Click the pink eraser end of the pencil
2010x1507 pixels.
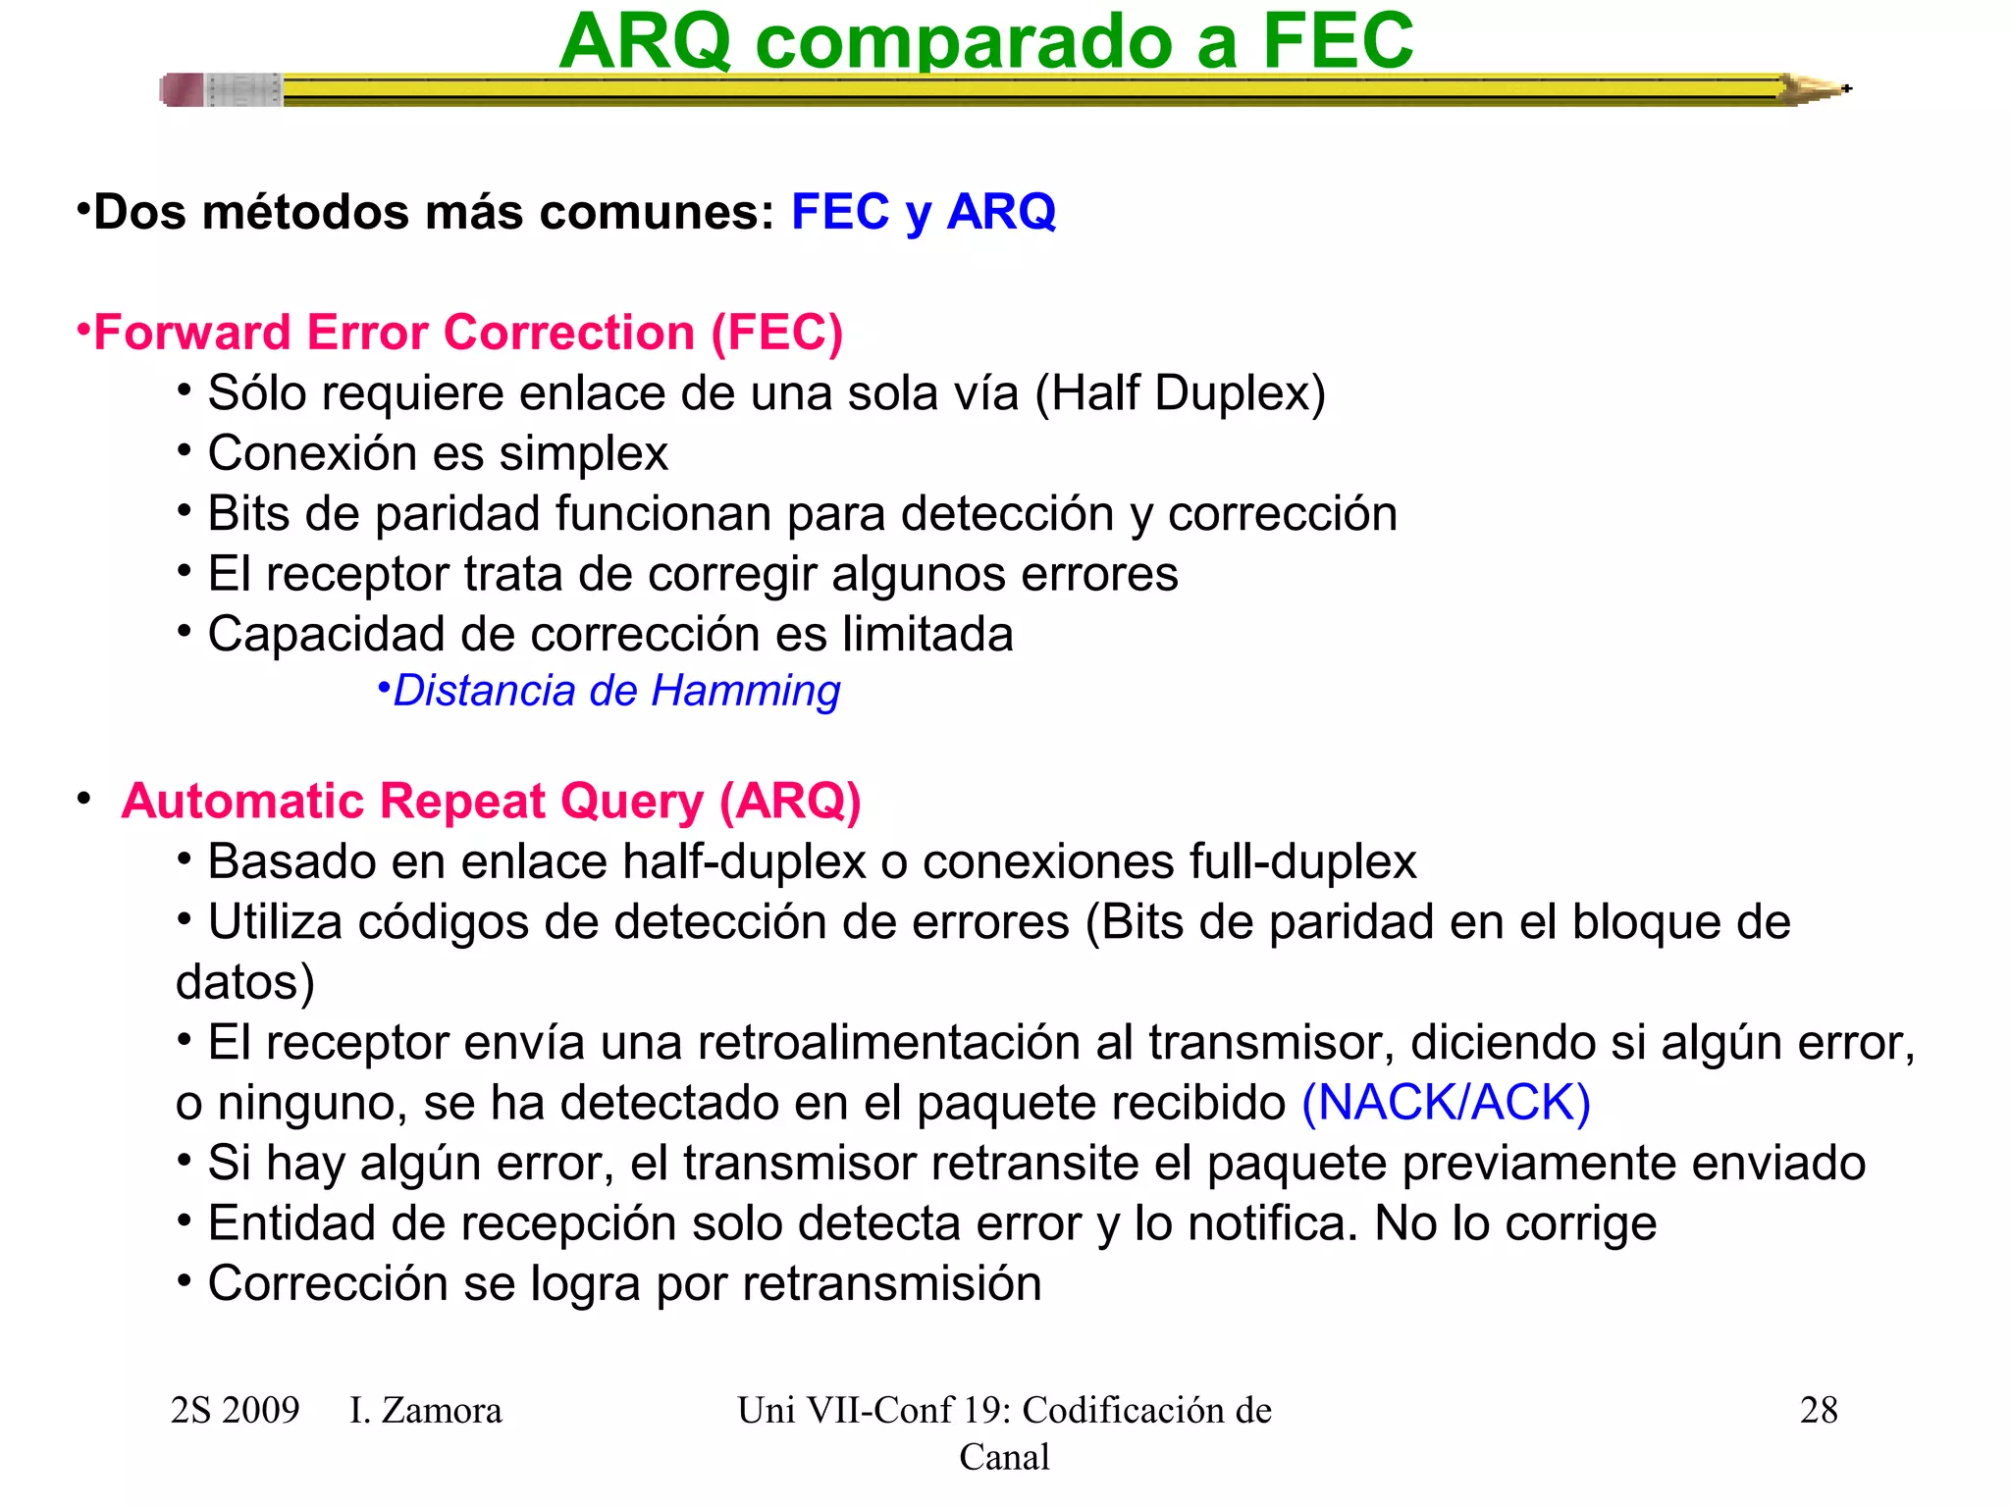tap(182, 90)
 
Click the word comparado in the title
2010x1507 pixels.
tap(964, 41)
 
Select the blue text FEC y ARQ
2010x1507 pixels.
tap(923, 212)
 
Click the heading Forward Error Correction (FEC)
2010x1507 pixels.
tap(467, 333)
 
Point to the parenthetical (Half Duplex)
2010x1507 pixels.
tap(1180, 393)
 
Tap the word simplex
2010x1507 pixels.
tap(583, 453)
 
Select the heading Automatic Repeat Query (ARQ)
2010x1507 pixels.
tap(491, 801)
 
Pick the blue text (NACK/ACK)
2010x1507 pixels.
tap(1446, 1102)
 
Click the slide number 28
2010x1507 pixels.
tap(1818, 1410)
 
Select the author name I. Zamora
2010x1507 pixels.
tap(425, 1410)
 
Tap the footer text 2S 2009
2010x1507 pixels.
tap(235, 1410)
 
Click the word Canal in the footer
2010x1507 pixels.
tap(1004, 1457)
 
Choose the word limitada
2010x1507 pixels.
tap(927, 634)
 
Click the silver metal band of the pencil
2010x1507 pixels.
tap(243, 90)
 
